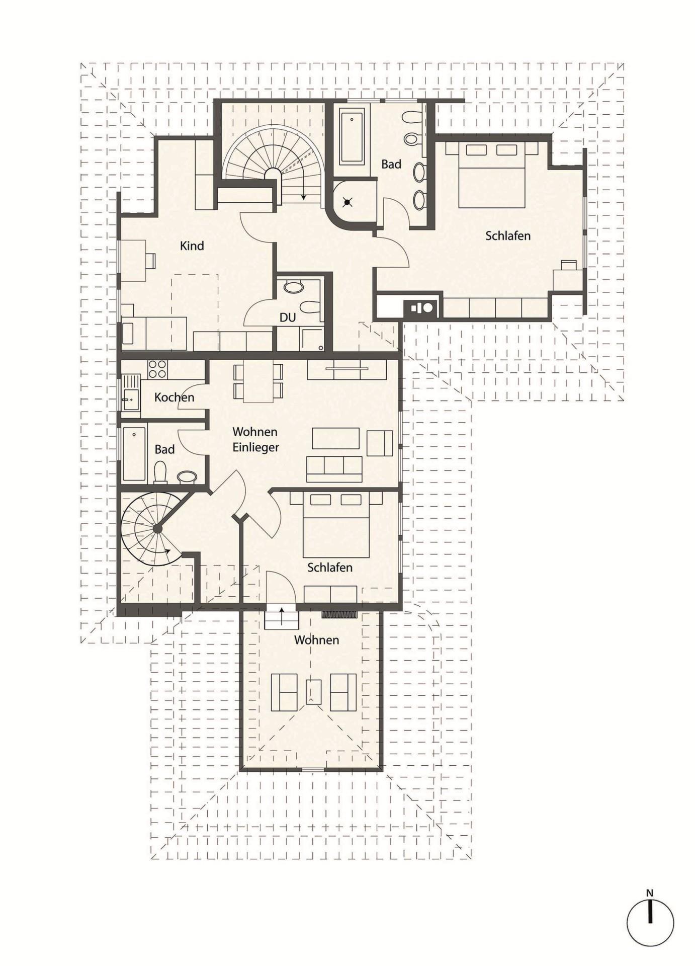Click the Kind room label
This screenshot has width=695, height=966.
click(x=192, y=246)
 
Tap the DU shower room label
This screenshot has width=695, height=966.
click(x=288, y=317)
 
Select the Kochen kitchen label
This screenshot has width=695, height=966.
click(x=174, y=397)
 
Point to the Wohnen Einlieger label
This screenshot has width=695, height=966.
click(x=255, y=439)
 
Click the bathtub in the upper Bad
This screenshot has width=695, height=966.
click(x=352, y=136)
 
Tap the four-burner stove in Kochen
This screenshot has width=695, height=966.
click(x=157, y=369)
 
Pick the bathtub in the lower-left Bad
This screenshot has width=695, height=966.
click(x=134, y=453)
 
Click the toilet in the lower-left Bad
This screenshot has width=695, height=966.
click(x=160, y=472)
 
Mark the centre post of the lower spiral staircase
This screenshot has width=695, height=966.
click(x=157, y=529)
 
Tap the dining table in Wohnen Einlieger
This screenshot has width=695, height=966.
click(x=258, y=381)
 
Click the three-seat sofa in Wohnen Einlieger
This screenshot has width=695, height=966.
click(x=334, y=469)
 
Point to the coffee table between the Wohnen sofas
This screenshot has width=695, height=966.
click(x=314, y=692)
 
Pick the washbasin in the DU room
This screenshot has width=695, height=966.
click(x=294, y=287)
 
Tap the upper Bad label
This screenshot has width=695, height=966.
click(x=391, y=164)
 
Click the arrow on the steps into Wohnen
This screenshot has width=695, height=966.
click(x=282, y=615)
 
